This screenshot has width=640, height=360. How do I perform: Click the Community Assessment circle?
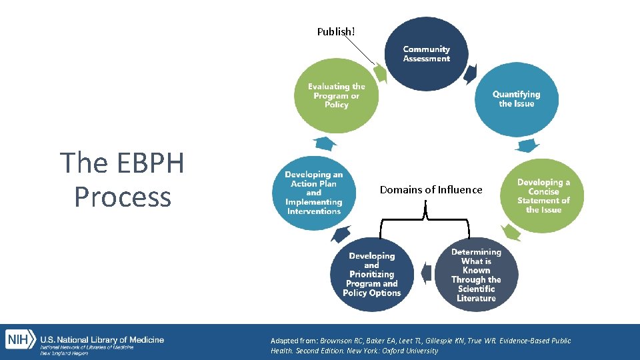426,53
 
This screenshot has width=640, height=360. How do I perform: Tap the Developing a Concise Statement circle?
543,195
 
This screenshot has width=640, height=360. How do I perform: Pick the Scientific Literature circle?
476,275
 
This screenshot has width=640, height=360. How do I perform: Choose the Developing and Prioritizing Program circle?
372,274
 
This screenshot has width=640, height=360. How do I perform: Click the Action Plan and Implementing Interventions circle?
313,193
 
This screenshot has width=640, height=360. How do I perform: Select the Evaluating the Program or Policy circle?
336,96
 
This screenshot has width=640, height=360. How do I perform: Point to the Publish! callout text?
336,31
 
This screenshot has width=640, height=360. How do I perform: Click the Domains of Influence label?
431,190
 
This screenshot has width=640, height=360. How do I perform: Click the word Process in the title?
123,197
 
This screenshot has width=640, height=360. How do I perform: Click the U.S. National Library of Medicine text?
102,340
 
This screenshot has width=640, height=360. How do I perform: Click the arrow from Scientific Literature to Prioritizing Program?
424,273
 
